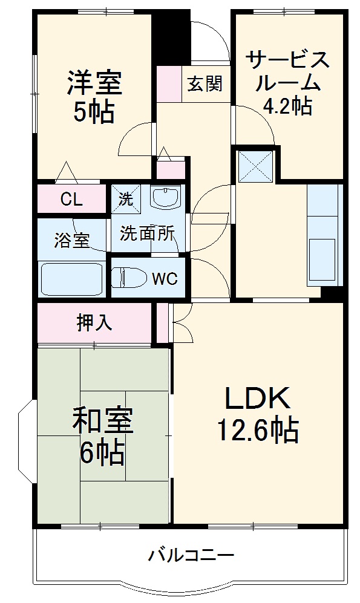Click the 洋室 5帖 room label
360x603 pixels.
[94, 97]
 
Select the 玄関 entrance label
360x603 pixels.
[204, 83]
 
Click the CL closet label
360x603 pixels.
[72, 200]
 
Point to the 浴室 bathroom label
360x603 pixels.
[72, 241]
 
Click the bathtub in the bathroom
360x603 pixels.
[71, 279]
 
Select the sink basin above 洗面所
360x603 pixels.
[165, 197]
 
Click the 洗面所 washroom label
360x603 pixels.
[148, 233]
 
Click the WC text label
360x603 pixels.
[164, 279]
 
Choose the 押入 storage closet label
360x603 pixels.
[94, 323]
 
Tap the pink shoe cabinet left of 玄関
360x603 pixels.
[169, 83]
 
